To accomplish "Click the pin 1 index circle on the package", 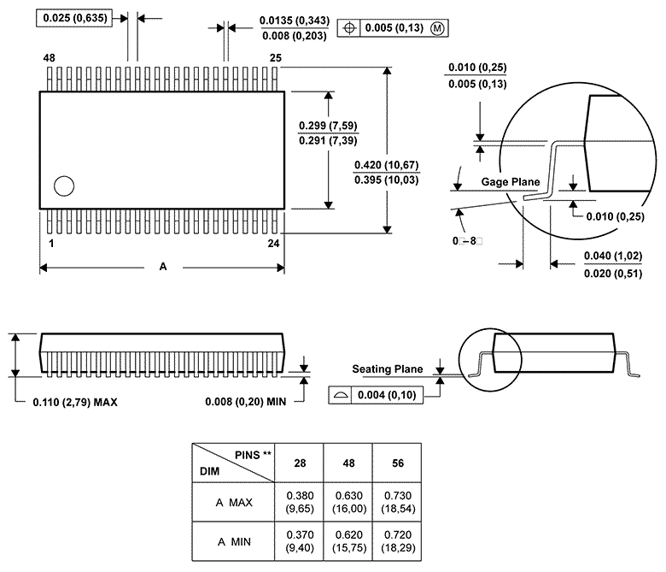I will [x=63, y=186].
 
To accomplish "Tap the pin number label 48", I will [x=49, y=58].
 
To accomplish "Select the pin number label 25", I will [x=275, y=58].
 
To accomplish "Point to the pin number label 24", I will [x=274, y=244].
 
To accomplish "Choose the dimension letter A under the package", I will [x=162, y=267].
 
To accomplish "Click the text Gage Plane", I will [x=511, y=182].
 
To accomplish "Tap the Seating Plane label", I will [x=388, y=369].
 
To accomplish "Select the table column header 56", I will [x=396, y=463].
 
